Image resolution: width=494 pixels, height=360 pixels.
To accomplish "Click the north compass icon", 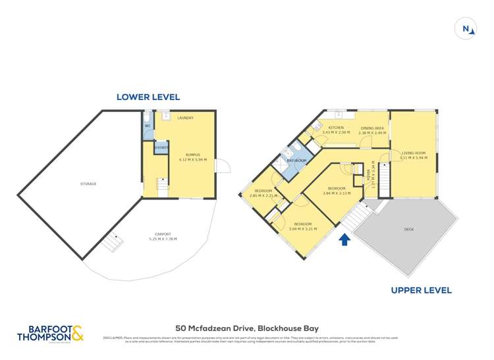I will (x=466, y=29).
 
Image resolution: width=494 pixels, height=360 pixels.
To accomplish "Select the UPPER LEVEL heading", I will (x=421, y=290).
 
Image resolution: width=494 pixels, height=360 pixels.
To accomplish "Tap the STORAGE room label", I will (x=89, y=184).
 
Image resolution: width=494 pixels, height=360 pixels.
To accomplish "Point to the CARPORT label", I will (x=163, y=234).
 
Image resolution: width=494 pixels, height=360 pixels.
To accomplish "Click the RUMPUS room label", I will (x=192, y=155).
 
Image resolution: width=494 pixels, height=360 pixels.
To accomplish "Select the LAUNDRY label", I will (x=186, y=118).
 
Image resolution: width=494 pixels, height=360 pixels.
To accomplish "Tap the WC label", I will (x=148, y=125).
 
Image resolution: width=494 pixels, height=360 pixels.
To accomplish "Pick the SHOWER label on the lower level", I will (x=161, y=147).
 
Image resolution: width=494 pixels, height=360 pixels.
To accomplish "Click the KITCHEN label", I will (x=336, y=128).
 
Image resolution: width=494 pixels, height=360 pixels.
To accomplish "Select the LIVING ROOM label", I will (x=414, y=153).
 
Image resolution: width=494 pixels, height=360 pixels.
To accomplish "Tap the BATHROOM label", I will (x=296, y=160).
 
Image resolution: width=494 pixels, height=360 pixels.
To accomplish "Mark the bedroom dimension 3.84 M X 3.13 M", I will (x=336, y=193).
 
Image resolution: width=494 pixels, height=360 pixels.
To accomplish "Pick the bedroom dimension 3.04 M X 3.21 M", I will (x=303, y=228).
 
